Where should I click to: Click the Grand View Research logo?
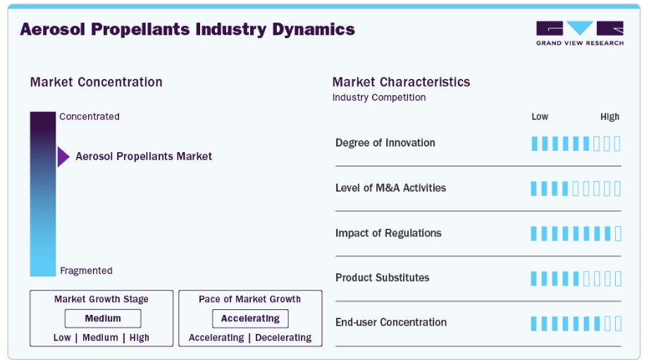pos(580,33)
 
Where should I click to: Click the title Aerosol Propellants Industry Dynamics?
pos(187,30)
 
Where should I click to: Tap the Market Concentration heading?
pos(96,82)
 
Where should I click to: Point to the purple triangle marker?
pos(63,157)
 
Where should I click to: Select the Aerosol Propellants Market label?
pos(144,156)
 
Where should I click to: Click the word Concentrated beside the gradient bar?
pos(89,117)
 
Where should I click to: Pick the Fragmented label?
pos(86,271)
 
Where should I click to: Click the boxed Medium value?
pos(103,318)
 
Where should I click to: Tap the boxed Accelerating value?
pos(250,318)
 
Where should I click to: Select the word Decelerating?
pos(283,337)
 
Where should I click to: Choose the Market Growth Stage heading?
pos(101,299)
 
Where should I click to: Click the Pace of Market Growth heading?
pos(249,299)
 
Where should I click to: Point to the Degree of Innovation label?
pos(385,143)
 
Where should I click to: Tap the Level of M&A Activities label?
pos(390,188)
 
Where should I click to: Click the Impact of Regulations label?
pos(388,233)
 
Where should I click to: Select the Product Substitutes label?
pos(383,278)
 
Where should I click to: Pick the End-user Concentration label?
pos(391,323)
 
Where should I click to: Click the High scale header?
pos(610,117)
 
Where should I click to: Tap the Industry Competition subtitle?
pos(379,98)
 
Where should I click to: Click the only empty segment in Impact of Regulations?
pos(618,233)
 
